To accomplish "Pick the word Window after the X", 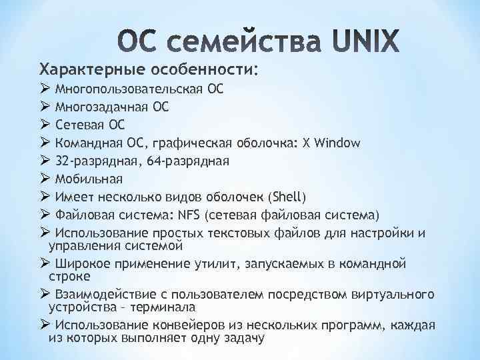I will [x=337, y=143].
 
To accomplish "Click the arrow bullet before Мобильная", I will [x=44, y=179].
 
